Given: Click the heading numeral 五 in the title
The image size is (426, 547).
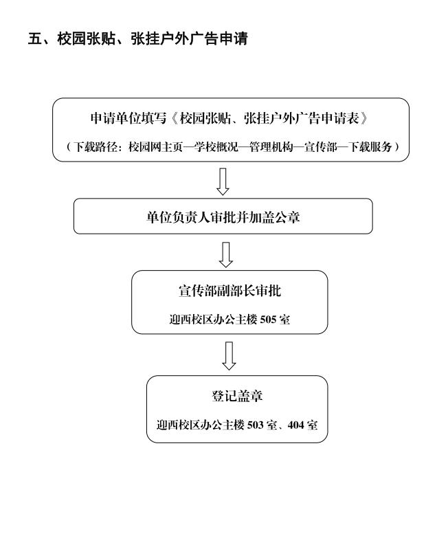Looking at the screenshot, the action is [x=35, y=38].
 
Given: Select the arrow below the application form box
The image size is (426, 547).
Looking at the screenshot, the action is [x=223, y=181].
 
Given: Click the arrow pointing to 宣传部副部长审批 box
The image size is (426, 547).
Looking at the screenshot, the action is [x=226, y=255].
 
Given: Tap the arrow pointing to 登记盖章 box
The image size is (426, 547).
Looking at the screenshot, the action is [x=229, y=356].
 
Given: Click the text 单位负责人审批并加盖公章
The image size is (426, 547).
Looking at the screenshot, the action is [x=223, y=217].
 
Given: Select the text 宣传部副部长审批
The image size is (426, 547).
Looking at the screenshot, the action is [x=229, y=291].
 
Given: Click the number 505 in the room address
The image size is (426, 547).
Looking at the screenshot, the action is [x=268, y=320].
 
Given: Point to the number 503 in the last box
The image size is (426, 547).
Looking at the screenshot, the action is [x=256, y=425].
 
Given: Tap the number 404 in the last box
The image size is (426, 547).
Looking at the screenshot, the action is [x=296, y=425].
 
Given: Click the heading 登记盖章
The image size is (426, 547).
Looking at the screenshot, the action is [x=237, y=396].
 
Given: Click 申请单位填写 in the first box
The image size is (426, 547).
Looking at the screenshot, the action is [x=128, y=118].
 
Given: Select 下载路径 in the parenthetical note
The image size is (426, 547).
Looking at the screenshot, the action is [x=96, y=147].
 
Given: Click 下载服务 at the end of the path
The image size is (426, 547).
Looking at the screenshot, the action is [x=370, y=147].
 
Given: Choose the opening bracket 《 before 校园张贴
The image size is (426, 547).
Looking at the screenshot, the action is [x=175, y=118].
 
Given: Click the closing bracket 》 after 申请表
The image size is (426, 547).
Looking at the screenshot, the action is [x=364, y=118].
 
